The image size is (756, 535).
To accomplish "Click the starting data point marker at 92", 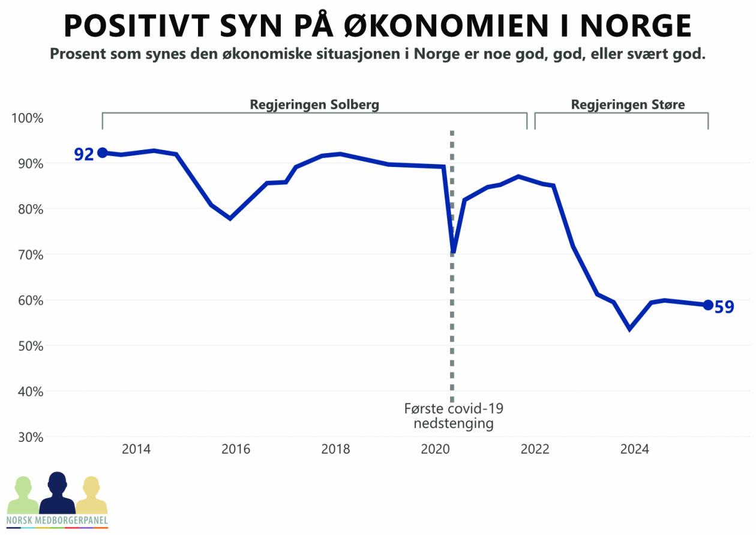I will pos(103,153).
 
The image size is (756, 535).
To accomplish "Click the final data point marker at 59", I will pos(708,305).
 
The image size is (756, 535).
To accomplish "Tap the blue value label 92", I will pos(84,154).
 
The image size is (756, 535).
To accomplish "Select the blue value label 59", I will pos(724,307).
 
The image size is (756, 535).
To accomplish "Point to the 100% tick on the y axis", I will pos(28,118).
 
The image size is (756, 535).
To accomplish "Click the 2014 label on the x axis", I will pos(136,450).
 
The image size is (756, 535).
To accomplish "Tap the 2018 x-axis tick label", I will pos(335,450).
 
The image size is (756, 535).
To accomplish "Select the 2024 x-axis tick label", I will pos(634,450).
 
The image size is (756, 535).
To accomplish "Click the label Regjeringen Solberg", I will pos(314,104).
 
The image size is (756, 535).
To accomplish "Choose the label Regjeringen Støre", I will pos(628,104).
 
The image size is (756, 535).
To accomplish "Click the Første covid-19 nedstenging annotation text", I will pos(454,416).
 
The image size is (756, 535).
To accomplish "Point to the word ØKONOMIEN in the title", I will pos(425,26).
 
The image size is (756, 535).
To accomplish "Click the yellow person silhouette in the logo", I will pos(91,496).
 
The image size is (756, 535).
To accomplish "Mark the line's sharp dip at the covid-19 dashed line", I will pos(453,251).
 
